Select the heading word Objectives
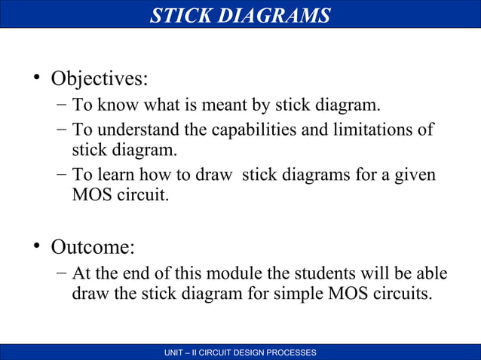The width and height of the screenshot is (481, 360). click(100, 78)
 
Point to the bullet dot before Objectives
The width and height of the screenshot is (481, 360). click(35, 78)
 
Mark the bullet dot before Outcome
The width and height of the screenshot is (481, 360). click(35, 247)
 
